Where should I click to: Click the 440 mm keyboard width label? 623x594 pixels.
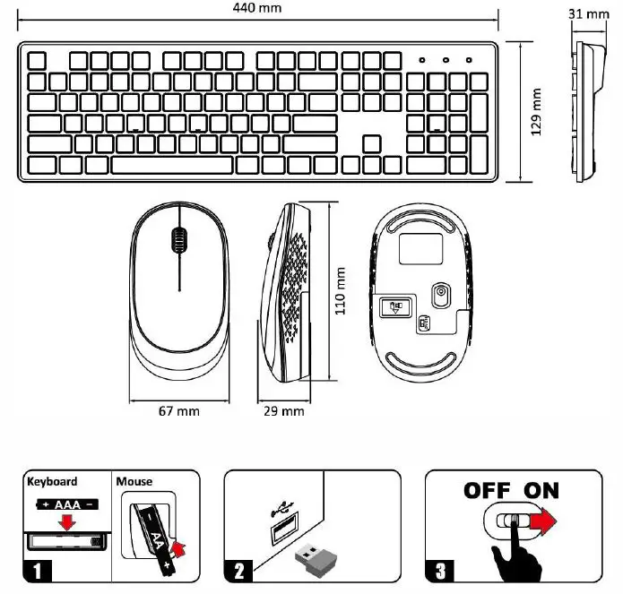[x=256, y=8]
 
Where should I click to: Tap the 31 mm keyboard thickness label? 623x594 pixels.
[x=588, y=13]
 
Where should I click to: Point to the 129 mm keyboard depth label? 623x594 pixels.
[x=537, y=110]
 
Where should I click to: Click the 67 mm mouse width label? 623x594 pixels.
[x=178, y=411]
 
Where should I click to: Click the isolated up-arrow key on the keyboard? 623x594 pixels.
[x=371, y=143]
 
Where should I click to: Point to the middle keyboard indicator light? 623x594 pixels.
[x=445, y=60]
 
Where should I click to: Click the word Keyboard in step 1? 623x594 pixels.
[x=53, y=481]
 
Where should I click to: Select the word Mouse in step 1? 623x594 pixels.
[x=134, y=481]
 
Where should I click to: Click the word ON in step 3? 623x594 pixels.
[x=541, y=490]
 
